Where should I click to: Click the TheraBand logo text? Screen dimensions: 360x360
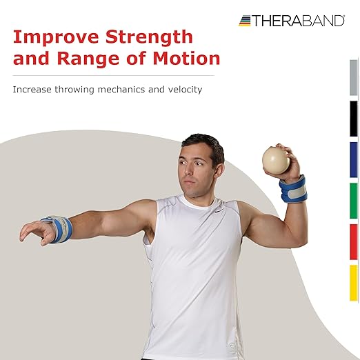pyautogui.click(x=299, y=21)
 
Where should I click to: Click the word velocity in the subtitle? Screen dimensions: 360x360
pyautogui.click(x=184, y=90)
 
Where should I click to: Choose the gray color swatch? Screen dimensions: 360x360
pyautogui.click(x=353, y=77)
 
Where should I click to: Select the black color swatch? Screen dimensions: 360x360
pyautogui.click(x=353, y=118)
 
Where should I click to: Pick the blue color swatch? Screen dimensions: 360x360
pyautogui.click(x=353, y=159)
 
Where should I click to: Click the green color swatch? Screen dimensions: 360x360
pyautogui.click(x=353, y=200)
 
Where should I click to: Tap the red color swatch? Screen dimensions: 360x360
pyautogui.click(x=353, y=241)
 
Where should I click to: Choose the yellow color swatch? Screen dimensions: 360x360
pyautogui.click(x=353, y=282)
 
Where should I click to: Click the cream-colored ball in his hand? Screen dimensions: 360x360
pyautogui.click(x=276, y=160)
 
